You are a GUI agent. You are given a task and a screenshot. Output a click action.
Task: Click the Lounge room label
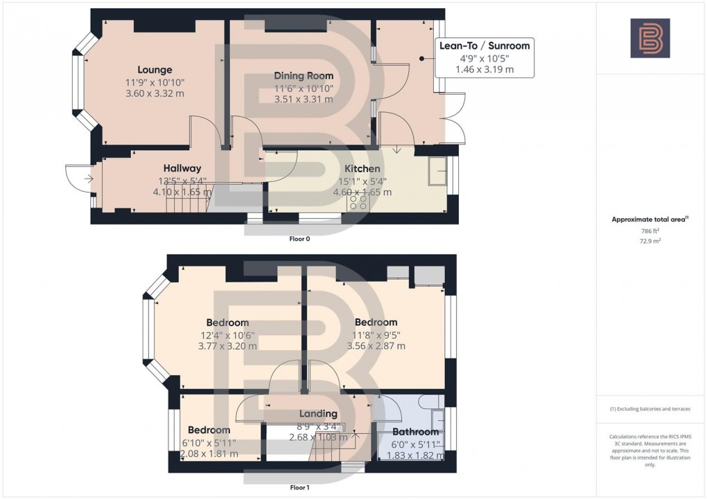[x=155, y=70]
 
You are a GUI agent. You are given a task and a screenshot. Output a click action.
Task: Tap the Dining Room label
[x=303, y=75]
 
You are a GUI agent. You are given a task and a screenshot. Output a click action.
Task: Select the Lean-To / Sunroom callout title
[x=485, y=46]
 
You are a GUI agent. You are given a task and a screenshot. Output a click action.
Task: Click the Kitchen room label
[x=363, y=169]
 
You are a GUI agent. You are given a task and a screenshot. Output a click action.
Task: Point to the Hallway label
[x=182, y=168]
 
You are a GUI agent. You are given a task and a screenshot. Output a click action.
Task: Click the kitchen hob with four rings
[x=358, y=202]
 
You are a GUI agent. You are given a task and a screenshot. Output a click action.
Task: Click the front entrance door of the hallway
[x=80, y=179]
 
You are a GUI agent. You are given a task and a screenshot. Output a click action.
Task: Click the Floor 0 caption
[x=299, y=239]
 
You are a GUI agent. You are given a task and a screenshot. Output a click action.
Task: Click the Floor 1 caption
[x=299, y=487]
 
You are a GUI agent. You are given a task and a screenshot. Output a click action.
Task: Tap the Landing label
[x=317, y=414]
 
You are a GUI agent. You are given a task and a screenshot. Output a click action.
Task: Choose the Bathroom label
[x=416, y=432]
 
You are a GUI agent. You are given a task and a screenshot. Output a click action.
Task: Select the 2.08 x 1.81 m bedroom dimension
[x=209, y=454]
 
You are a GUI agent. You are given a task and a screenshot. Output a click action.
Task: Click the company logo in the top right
[x=649, y=38]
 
